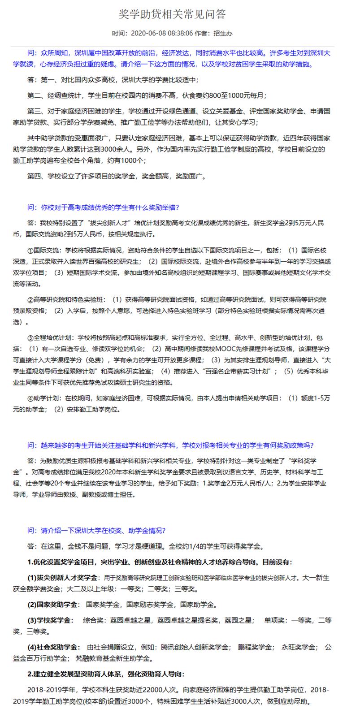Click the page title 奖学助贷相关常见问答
point(173,14)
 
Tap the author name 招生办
point(223,33)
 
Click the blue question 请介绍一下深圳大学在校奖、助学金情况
point(96,531)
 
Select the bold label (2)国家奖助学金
point(52,605)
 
